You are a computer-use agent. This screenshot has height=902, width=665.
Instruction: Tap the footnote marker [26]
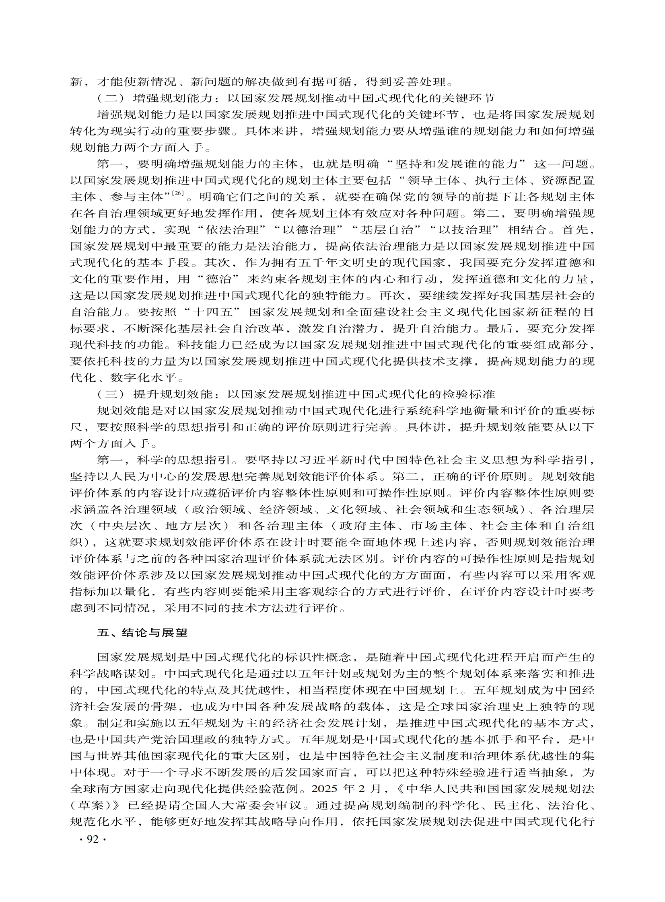pyautogui.click(x=177, y=194)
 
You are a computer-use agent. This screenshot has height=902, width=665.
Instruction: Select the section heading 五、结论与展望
pyautogui.click(x=142, y=633)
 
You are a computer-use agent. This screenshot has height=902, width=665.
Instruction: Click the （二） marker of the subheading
pyautogui.click(x=111, y=98)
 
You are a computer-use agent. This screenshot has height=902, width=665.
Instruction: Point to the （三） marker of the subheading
pyautogui.click(x=111, y=394)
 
